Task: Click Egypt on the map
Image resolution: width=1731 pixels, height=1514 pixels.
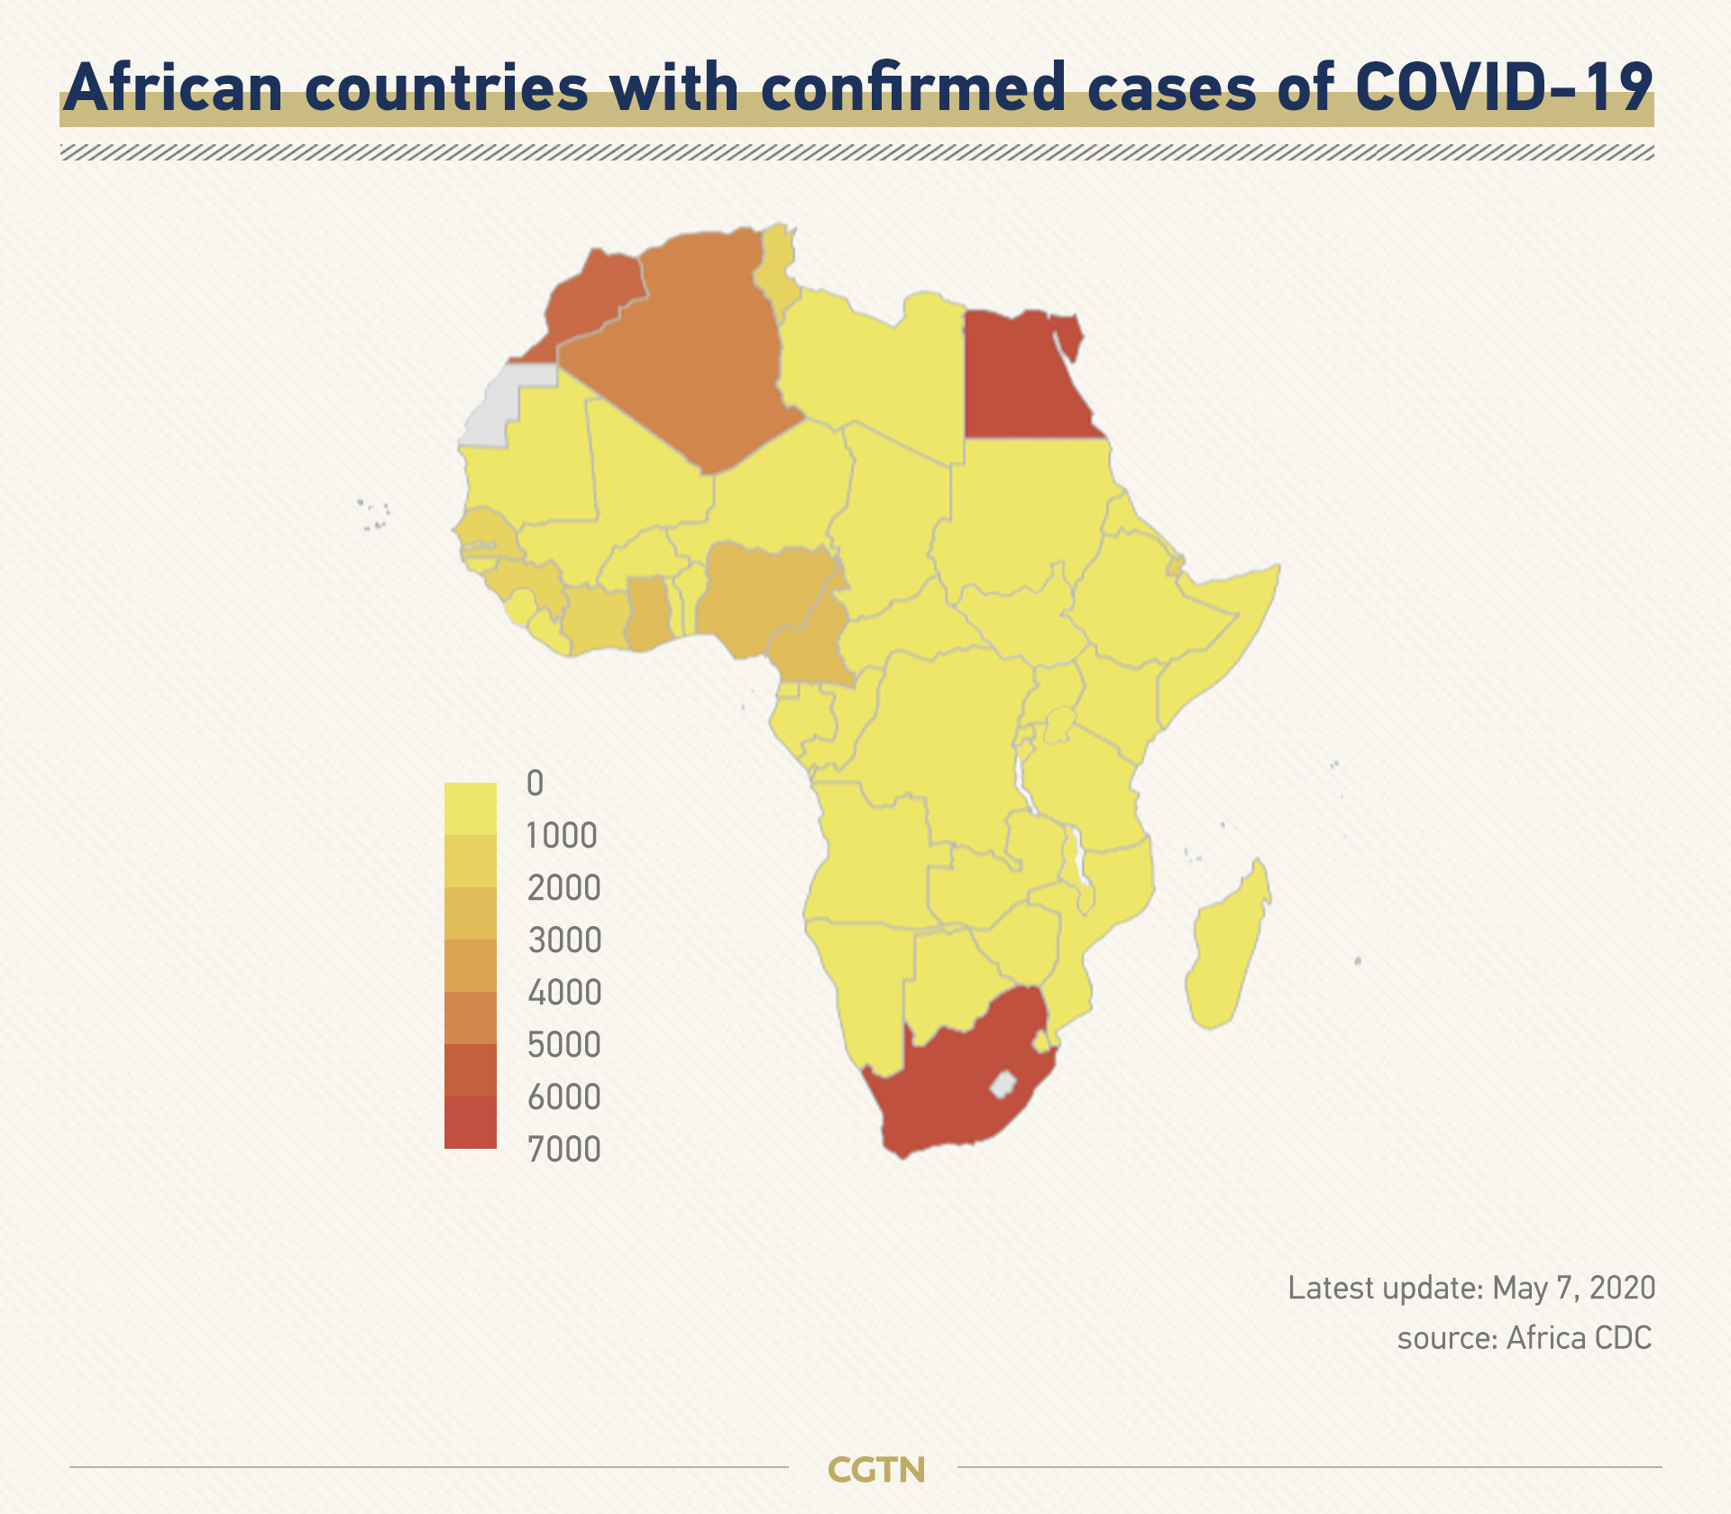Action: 1023,379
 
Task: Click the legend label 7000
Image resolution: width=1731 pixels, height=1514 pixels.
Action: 563,1150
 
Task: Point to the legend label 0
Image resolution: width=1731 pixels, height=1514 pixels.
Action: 536,783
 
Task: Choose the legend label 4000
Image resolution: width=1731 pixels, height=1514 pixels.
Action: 564,993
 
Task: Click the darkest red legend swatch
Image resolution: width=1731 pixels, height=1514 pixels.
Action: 471,1123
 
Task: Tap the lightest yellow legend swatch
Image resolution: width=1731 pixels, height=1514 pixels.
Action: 471,809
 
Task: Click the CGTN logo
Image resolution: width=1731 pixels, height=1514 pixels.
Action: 876,1470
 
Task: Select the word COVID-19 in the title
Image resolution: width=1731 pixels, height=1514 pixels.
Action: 1504,87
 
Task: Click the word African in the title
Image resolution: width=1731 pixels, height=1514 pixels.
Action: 173,87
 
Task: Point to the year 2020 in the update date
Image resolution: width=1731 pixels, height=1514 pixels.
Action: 1622,1288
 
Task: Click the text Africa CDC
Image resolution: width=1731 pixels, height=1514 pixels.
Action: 1579,1338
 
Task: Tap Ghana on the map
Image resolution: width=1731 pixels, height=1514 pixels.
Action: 648,613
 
